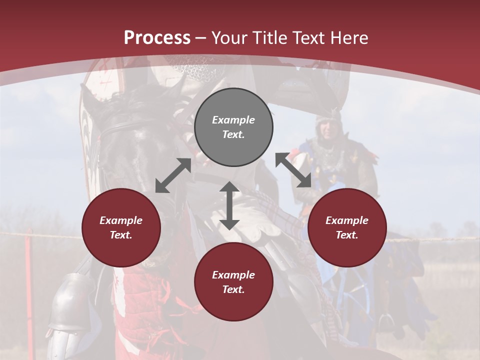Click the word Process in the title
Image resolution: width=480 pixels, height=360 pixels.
157,38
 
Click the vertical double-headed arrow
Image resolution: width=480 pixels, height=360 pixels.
229,206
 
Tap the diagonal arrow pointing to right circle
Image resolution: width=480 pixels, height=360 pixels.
293,170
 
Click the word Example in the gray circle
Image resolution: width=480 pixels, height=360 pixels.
233,120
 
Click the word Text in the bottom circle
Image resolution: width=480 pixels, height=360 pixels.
232,289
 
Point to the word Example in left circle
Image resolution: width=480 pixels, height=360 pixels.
121,220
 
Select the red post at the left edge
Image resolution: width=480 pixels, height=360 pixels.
29,265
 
